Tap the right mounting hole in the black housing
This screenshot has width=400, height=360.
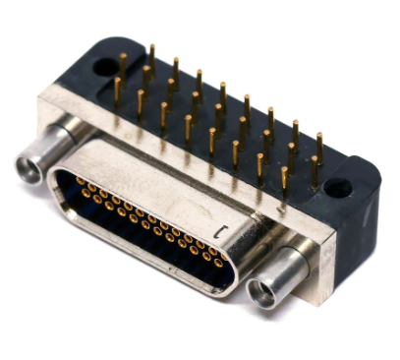click(x=337, y=186)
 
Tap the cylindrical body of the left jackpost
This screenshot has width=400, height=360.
click(x=49, y=148)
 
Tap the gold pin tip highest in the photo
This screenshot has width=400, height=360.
click(x=152, y=47)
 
